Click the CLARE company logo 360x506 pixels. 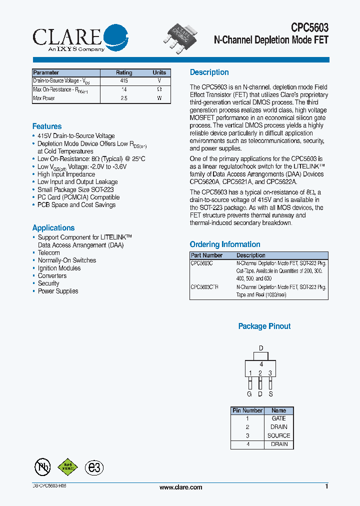click(80, 38)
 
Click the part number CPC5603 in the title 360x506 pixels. click(309, 28)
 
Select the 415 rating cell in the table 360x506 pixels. click(124, 80)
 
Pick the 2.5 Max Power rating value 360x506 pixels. click(124, 98)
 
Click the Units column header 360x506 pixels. click(159, 72)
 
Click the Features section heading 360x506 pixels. click(47, 126)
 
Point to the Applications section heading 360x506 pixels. click(53, 227)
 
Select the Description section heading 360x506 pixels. click(209, 72)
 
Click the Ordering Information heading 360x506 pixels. click(225, 244)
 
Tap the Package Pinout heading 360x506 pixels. click(264, 326)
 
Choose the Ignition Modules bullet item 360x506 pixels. click(59, 268)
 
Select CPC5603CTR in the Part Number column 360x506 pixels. click(204, 287)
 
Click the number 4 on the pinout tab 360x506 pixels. click(261, 364)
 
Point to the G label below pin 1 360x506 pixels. click(249, 394)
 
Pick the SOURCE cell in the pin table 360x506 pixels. click(278, 435)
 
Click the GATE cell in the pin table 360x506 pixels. click(278, 418)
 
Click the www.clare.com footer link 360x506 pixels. click(180, 487)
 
